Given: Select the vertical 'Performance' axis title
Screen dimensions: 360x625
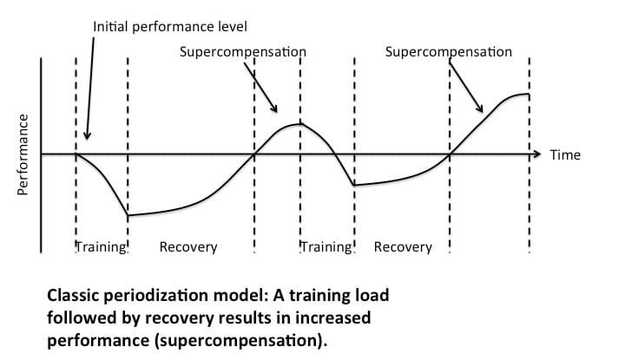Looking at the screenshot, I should pyautogui.click(x=23, y=154).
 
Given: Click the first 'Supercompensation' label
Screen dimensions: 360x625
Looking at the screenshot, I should pyautogui.click(x=242, y=51).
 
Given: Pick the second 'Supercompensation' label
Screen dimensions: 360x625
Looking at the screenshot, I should pyautogui.click(x=448, y=51).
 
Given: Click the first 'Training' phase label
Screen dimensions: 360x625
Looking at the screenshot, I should pyautogui.click(x=102, y=247).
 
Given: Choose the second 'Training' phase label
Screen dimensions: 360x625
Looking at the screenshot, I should pyautogui.click(x=326, y=247).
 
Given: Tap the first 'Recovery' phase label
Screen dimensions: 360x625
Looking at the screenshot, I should pyautogui.click(x=188, y=247).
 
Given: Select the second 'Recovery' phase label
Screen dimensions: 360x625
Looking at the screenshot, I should pyautogui.click(x=403, y=247).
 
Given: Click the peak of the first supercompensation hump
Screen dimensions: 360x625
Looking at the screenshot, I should pyautogui.click(x=299, y=124).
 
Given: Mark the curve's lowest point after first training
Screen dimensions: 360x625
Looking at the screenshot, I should pyautogui.click(x=128, y=215).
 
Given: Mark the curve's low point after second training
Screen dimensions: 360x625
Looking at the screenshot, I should pyautogui.click(x=353, y=185).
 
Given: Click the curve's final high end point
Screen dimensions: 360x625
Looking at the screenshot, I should pyautogui.click(x=530, y=94).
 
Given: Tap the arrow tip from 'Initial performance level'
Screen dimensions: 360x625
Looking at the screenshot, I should pyautogui.click(x=87, y=141).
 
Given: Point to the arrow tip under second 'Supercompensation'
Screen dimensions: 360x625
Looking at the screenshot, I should pyautogui.click(x=482, y=112).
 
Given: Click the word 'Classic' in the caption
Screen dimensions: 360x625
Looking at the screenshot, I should pyautogui.click(x=74, y=296).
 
